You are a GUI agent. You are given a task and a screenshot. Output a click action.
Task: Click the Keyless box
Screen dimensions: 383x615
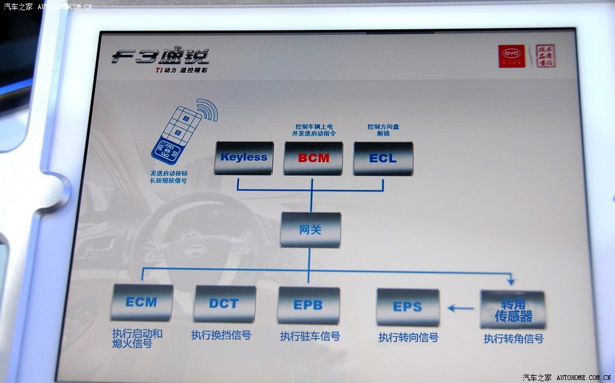[x=243, y=158]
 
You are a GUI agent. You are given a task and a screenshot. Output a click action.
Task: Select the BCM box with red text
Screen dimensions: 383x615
[x=314, y=158]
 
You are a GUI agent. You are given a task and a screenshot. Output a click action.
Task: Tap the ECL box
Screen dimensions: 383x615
[x=383, y=158]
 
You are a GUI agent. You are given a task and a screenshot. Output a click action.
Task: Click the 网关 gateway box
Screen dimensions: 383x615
[x=310, y=230]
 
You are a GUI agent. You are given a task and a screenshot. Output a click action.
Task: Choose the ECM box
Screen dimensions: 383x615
[x=142, y=303]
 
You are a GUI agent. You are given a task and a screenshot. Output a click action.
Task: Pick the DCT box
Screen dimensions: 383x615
[x=224, y=304]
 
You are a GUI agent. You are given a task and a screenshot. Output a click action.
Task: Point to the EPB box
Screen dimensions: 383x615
[x=308, y=305]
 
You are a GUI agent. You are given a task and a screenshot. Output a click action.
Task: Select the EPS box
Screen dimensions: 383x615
[x=407, y=307]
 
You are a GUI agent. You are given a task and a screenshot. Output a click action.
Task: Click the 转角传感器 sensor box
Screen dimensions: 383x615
[x=512, y=309]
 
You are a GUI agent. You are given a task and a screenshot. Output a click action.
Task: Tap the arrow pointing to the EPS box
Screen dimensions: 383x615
[x=461, y=309]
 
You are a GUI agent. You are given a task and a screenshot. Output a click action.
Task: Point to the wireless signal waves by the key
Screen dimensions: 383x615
[x=206, y=110]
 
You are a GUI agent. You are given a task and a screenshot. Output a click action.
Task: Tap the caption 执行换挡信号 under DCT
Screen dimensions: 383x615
[x=221, y=335]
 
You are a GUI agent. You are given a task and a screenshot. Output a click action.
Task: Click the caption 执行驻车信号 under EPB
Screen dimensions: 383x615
[x=310, y=336]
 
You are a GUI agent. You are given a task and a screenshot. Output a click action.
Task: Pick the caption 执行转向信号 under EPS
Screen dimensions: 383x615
[x=408, y=337]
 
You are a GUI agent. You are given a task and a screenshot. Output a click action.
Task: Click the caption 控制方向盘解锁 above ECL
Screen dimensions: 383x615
[x=383, y=130]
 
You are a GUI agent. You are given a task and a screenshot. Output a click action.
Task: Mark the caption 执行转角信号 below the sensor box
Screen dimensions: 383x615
[x=514, y=339]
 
